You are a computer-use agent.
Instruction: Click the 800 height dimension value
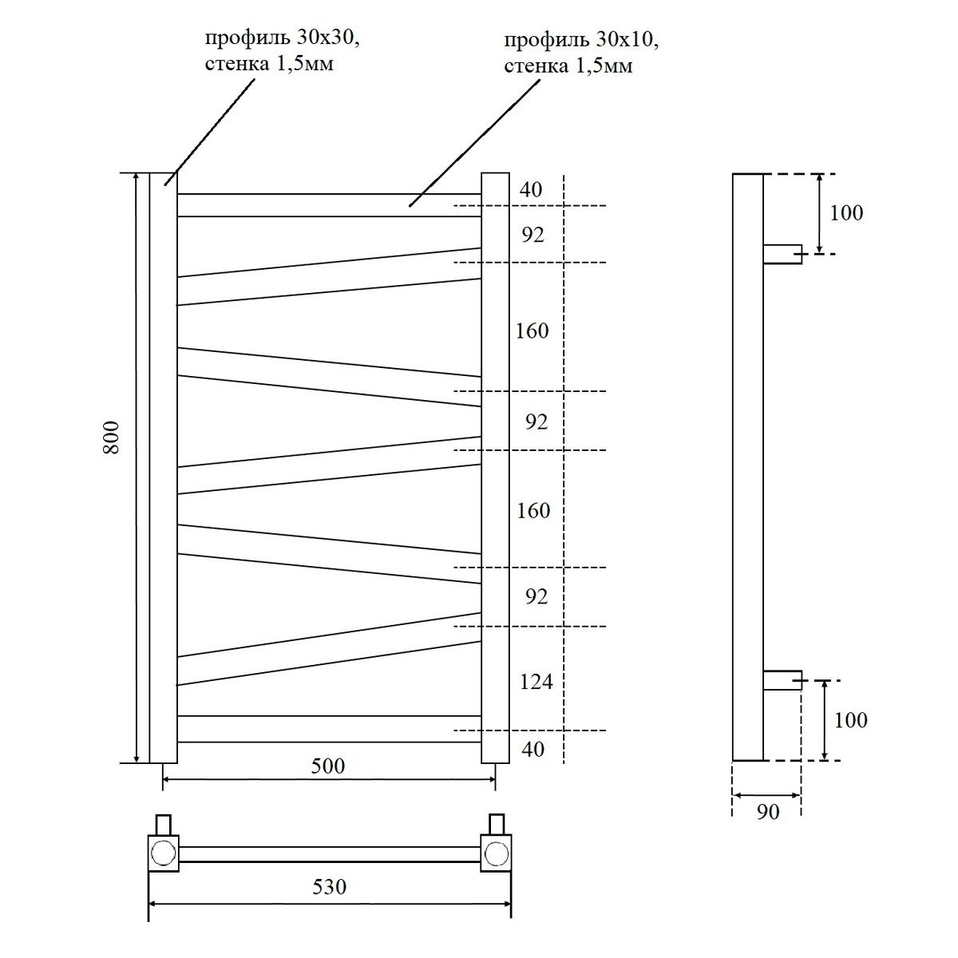112,437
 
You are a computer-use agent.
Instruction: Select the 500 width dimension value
328,766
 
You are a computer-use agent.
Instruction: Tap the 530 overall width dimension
329,886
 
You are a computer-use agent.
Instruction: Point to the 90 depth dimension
766,812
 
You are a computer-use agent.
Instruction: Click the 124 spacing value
536,682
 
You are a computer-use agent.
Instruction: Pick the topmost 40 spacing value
531,190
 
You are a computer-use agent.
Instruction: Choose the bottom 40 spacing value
532,749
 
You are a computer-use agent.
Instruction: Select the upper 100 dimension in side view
846,213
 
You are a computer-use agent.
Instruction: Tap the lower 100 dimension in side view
850,720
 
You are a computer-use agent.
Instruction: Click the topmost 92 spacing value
532,235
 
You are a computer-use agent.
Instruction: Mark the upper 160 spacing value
532,331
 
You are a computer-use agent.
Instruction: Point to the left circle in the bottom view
163,853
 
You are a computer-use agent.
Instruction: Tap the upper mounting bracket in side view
782,254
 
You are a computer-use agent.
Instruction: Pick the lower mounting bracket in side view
782,680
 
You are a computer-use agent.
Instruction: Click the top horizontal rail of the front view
329,205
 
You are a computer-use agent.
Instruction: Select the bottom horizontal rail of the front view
329,729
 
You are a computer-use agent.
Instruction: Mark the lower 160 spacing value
533,510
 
